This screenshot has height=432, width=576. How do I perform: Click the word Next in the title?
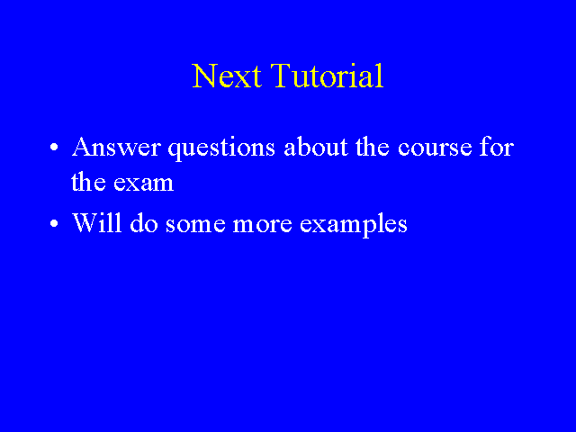pos(227,76)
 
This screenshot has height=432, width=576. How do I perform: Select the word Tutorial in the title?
pos(328,76)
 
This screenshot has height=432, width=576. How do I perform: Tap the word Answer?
pos(116,148)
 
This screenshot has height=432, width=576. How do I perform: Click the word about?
pos(316,147)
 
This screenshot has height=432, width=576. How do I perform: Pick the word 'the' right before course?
pos(372,147)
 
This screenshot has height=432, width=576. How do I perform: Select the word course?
pos(435,149)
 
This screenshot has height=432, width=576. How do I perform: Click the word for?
pos(497,147)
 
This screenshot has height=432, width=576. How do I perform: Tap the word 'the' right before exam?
pos(88,181)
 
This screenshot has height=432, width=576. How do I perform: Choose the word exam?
pos(144,184)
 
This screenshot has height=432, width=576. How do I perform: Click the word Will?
pos(97,222)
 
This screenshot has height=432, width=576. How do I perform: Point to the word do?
pos(144,222)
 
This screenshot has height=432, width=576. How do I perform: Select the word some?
pos(195,224)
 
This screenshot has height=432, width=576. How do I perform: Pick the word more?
pos(263,224)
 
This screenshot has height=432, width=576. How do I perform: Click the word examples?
pos(354,224)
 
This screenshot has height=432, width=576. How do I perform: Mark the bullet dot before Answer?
pos(54,148)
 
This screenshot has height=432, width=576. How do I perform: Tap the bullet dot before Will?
pos(54,223)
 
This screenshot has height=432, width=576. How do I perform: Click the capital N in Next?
pos(205,76)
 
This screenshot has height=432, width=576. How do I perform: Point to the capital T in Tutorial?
pos(282,76)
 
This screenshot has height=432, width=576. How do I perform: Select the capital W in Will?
pos(87,222)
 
